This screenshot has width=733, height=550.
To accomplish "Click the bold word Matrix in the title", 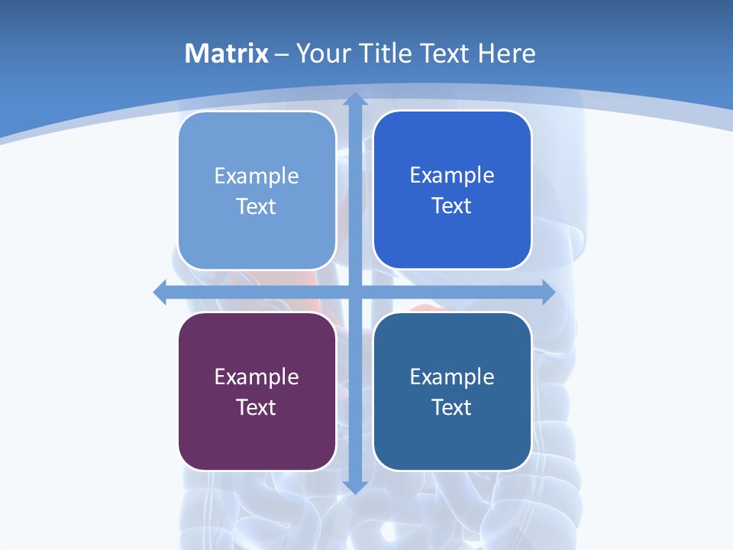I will click(226, 53).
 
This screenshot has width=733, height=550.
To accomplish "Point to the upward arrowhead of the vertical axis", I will click(354, 100).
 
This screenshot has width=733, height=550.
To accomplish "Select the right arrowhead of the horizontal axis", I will click(547, 292).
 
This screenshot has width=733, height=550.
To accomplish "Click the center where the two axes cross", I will click(354, 292).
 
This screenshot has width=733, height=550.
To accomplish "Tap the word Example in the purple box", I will click(257, 377).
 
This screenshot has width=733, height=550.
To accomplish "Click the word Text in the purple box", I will click(257, 407).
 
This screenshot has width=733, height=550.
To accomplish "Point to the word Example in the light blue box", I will click(257, 176).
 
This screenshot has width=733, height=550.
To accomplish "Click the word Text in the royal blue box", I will click(452, 205).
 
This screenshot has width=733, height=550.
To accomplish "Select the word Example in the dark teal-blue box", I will click(452, 377).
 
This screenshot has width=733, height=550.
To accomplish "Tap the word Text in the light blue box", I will click(257, 206).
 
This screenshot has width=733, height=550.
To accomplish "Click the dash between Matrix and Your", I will click(282, 54).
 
